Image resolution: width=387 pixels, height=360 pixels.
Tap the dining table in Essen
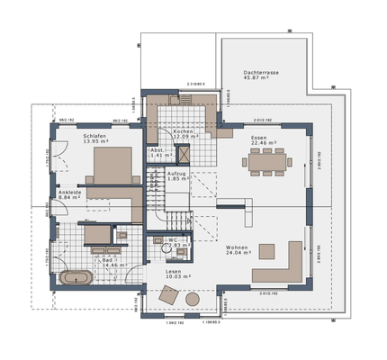point(266,161)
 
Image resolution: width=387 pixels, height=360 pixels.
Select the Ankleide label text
point(70,193)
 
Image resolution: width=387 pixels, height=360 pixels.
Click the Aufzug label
point(178,174)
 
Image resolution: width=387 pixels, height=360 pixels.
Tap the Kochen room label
point(184,131)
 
